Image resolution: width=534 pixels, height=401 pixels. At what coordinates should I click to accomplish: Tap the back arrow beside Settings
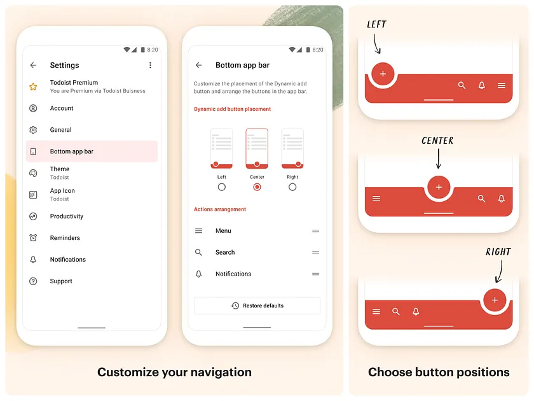tap(33, 65)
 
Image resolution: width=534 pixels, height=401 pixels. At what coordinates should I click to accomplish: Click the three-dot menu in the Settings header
tap(150, 65)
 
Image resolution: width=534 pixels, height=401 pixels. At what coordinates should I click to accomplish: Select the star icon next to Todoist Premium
tap(33, 87)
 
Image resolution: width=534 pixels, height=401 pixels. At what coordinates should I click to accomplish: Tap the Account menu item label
tap(62, 108)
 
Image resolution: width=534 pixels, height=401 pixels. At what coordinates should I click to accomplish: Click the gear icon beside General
tap(33, 130)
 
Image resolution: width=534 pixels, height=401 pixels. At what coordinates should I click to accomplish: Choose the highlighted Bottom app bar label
tap(72, 151)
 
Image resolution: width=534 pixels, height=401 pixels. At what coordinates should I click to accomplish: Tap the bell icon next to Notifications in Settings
tap(33, 260)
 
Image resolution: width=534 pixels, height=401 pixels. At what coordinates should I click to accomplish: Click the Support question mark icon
tap(33, 281)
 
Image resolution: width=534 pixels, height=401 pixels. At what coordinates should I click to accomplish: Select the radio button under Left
tap(221, 187)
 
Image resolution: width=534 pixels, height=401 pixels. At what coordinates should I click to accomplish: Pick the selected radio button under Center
tap(257, 187)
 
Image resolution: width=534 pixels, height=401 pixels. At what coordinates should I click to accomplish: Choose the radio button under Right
tap(292, 187)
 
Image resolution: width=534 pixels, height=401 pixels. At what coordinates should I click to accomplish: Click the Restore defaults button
tap(257, 306)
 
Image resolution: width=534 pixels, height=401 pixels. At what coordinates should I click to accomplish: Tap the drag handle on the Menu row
tap(315, 231)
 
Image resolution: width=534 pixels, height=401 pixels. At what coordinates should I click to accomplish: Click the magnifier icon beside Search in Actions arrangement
tap(199, 253)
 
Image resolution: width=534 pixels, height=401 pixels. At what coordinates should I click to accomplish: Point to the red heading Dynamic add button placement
tap(233, 109)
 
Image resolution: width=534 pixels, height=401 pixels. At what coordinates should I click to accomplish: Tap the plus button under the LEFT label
tap(383, 74)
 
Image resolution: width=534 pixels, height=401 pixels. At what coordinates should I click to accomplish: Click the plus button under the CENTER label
tap(439, 188)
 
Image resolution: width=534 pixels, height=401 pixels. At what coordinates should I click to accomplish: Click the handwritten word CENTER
tap(437, 141)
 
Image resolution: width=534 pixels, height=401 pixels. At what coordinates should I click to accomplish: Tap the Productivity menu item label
tap(67, 216)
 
